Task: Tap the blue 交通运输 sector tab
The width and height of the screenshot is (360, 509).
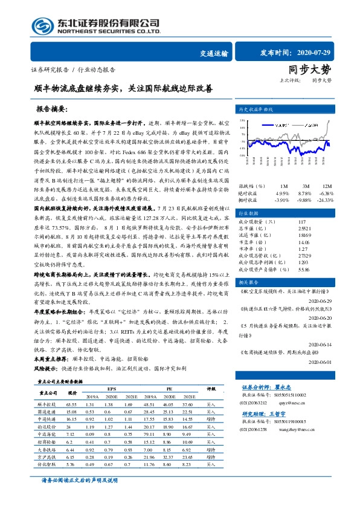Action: click(214, 53)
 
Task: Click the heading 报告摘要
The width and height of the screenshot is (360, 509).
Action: click(51, 111)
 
